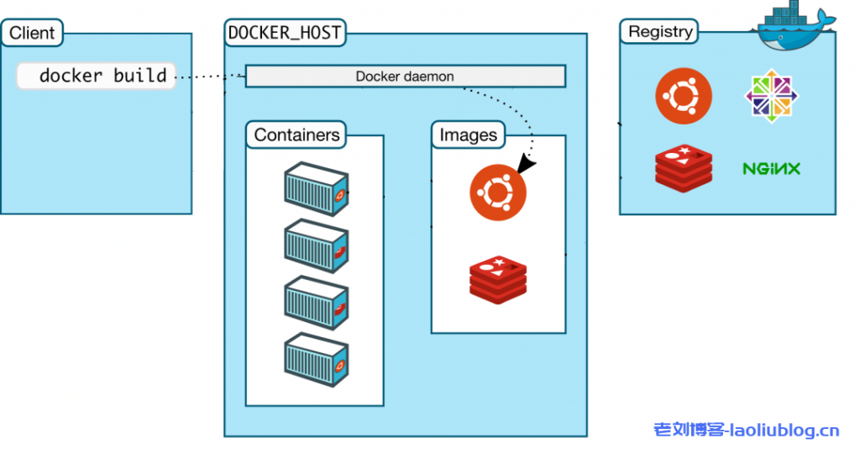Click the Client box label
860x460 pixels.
click(x=32, y=34)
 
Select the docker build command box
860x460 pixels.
click(x=96, y=76)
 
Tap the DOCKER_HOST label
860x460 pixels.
click(x=286, y=34)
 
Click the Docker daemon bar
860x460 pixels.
click(x=405, y=77)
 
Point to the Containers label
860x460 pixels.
click(x=297, y=135)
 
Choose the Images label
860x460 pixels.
click(x=469, y=135)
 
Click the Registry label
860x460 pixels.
click(x=661, y=32)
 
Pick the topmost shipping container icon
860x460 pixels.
click(x=316, y=187)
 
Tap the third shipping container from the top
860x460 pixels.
click(x=316, y=302)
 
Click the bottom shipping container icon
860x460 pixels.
click(x=316, y=359)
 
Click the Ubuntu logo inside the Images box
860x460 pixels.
click(x=498, y=194)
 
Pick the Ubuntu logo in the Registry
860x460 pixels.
click(x=684, y=94)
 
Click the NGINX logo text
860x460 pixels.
click(x=771, y=168)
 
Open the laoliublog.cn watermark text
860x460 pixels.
click(x=747, y=431)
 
